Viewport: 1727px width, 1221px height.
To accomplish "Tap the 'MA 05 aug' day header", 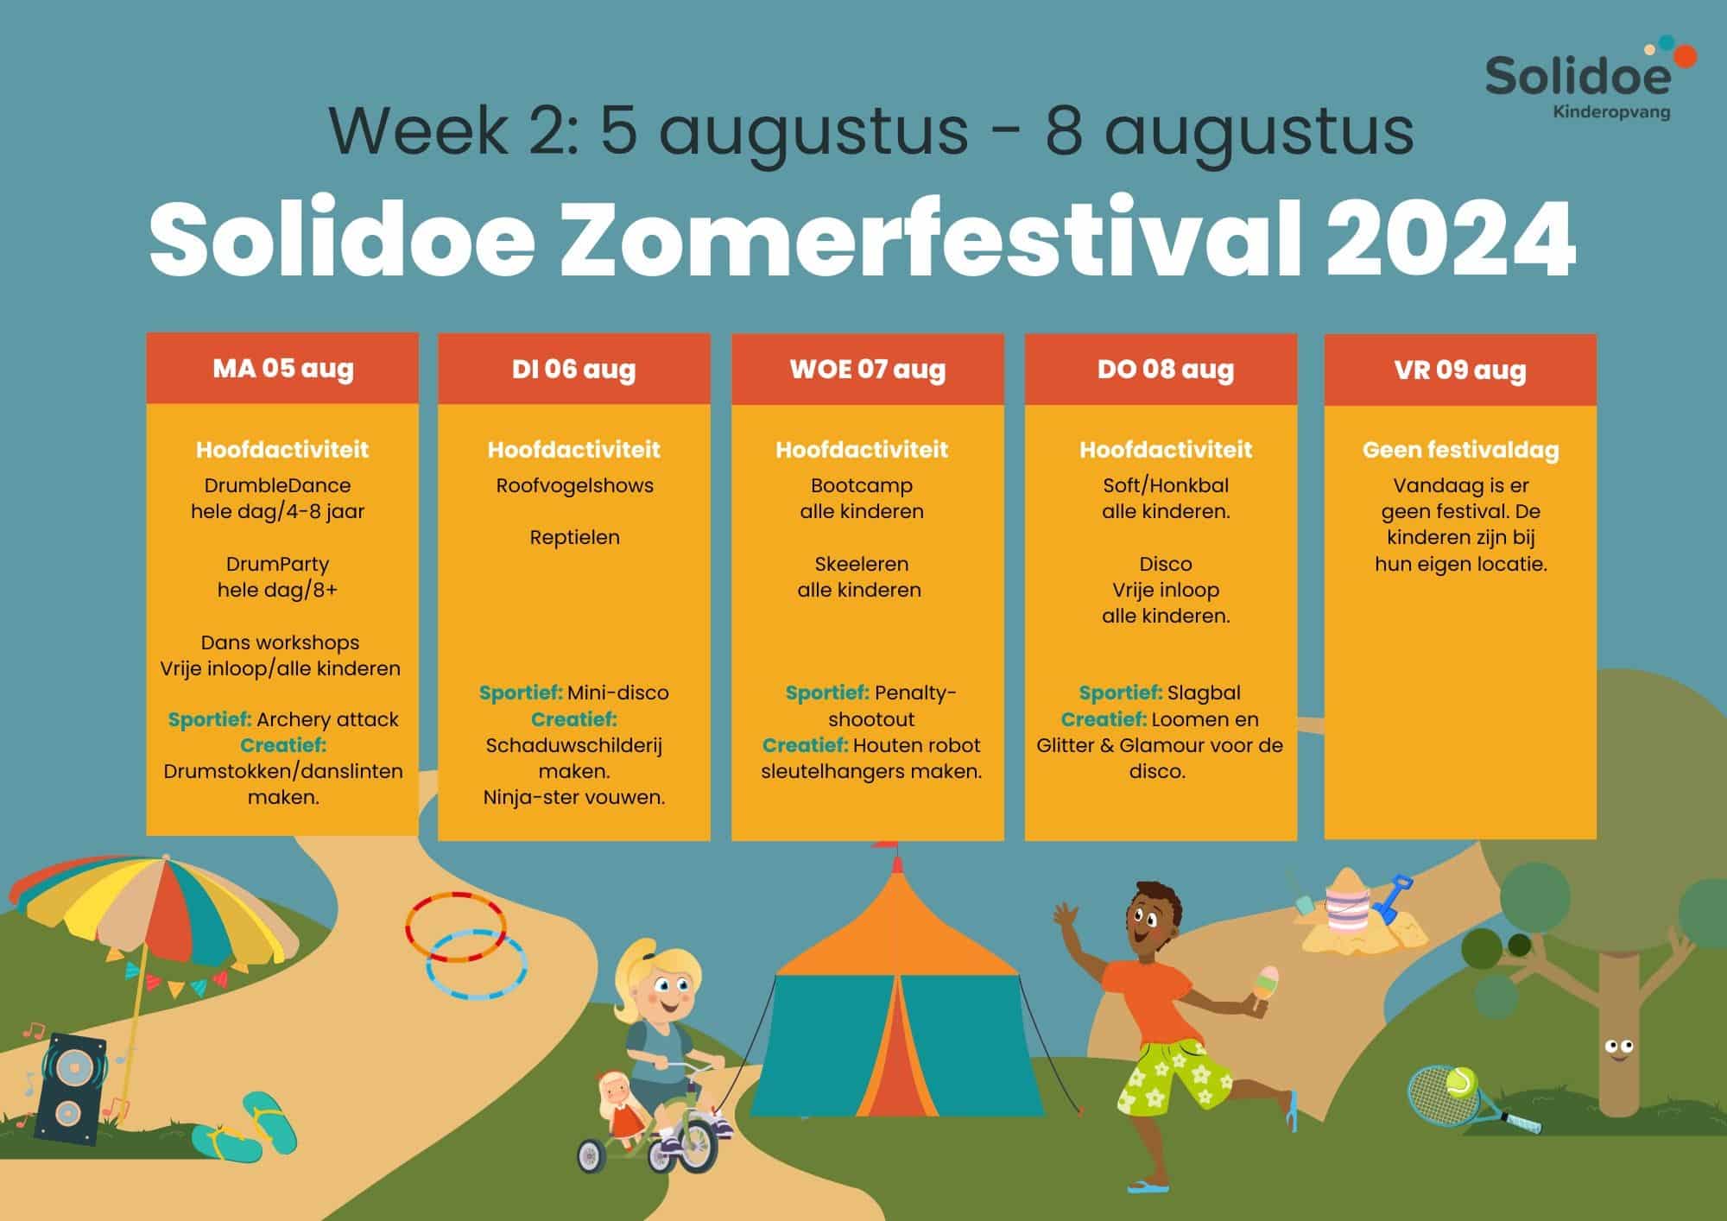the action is (282, 369).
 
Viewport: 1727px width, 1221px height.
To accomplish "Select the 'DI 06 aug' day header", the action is (574, 370).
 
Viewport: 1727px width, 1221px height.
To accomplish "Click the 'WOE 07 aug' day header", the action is (868, 370).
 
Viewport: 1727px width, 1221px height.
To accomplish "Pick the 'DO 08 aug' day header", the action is (1165, 370).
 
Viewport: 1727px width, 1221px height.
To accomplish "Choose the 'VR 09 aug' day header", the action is (1460, 370).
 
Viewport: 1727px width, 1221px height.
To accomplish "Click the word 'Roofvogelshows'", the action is (574, 485).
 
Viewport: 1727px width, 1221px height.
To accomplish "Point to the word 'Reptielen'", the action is (574, 538).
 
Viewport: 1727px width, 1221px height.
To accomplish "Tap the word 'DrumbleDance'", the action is (277, 485).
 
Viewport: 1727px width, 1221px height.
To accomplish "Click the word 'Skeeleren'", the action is (861, 564).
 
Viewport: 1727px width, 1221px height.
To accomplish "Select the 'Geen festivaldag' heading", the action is (1460, 450).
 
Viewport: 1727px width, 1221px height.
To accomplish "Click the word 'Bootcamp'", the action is (861, 486).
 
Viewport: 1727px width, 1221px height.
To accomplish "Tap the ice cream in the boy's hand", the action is (1266, 984).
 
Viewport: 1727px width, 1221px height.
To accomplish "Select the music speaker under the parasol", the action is (71, 1089).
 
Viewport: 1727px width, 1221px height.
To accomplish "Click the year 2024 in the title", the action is (1452, 239).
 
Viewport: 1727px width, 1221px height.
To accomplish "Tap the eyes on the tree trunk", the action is (1618, 1048).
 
